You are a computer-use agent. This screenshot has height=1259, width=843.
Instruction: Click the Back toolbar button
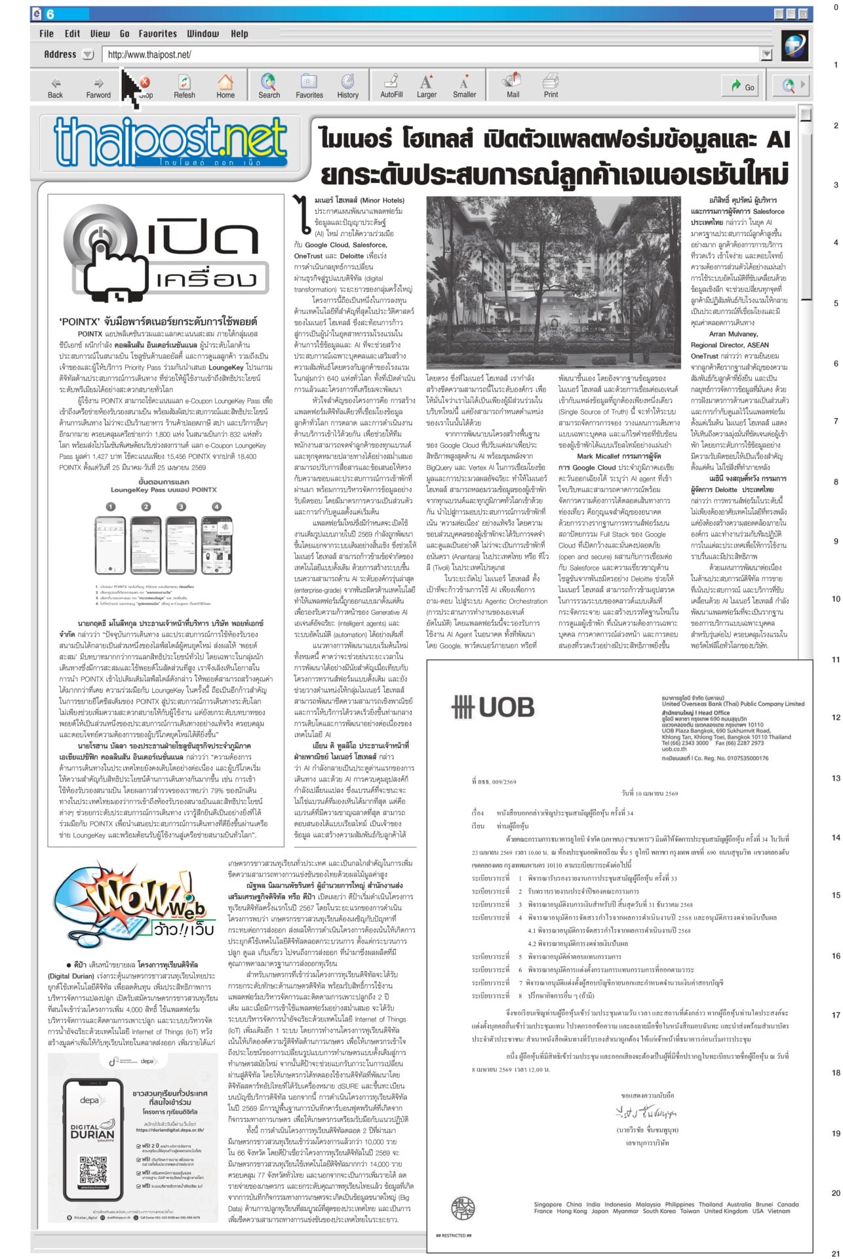click(x=55, y=86)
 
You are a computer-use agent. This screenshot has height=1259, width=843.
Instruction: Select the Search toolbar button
click(x=269, y=86)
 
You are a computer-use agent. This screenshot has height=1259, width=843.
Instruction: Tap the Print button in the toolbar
click(x=551, y=86)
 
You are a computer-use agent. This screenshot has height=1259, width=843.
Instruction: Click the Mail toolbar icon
click(x=513, y=86)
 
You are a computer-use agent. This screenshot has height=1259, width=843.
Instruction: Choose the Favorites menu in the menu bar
click(x=157, y=33)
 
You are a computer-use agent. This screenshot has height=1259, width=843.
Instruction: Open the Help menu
click(x=239, y=33)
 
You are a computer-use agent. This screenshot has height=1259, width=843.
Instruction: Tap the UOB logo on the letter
click(x=493, y=707)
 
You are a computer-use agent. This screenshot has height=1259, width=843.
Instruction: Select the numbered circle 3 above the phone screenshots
click(x=181, y=506)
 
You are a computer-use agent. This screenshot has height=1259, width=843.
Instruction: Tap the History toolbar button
click(x=347, y=86)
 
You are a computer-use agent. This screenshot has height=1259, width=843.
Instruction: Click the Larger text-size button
click(x=426, y=86)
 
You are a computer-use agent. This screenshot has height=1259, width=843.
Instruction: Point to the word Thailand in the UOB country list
click(x=711, y=1204)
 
